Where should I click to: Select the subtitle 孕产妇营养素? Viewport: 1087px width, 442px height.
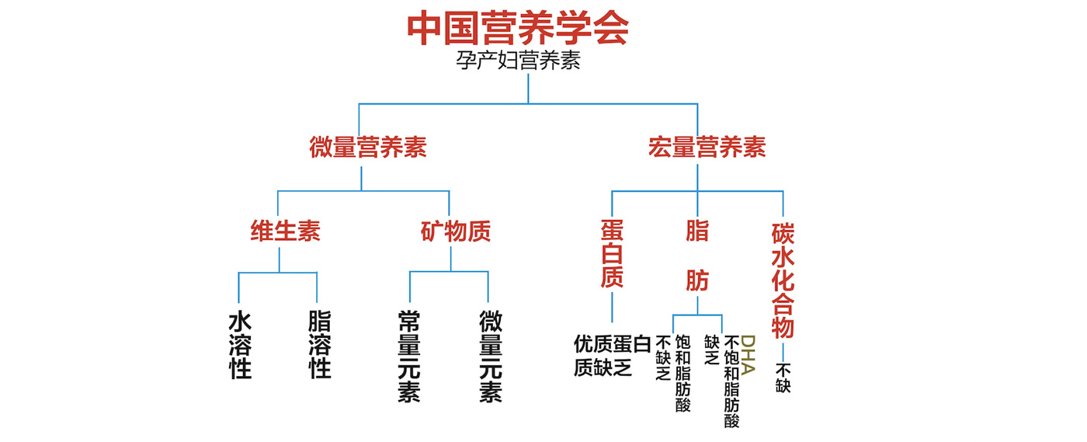pos(518,61)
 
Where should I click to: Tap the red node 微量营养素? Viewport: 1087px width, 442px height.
pos(368,148)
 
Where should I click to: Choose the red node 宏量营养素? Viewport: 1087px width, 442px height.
pos(707,148)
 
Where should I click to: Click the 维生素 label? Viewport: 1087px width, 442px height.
pos(285,231)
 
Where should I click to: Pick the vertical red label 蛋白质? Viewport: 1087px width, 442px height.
pos(612,253)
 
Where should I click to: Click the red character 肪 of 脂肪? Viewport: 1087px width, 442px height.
pos(696,280)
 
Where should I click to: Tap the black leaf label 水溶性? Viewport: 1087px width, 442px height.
pos(240,345)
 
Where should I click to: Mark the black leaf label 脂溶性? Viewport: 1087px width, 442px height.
pos(319,345)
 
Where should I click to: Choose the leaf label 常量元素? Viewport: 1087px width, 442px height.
pos(409,357)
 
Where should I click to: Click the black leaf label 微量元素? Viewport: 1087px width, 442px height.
pos(490,357)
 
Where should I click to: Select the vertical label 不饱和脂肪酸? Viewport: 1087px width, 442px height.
pos(731,381)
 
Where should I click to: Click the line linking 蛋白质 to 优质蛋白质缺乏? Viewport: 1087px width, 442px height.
pos(612,307)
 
